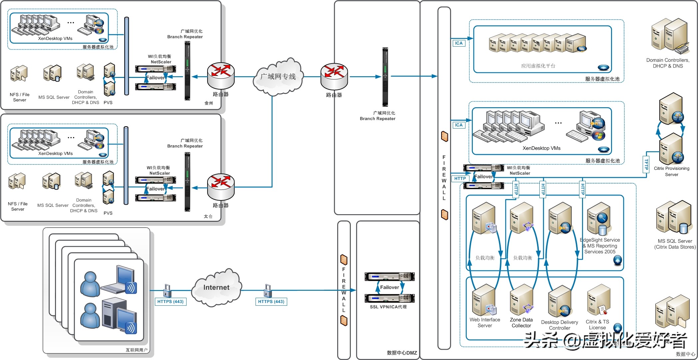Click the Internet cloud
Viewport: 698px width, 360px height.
point(217,287)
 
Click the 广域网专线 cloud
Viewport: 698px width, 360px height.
point(278,77)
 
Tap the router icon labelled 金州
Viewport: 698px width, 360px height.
point(221,75)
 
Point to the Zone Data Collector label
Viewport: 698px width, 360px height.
point(521,323)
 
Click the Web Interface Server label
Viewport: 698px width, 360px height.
point(485,323)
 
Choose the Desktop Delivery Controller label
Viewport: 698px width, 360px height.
point(559,325)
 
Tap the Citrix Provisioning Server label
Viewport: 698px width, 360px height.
point(671,172)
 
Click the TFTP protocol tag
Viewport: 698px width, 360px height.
point(646,165)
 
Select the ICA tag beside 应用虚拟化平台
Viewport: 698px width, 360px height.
point(459,43)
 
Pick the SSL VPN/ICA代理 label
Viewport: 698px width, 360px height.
point(388,307)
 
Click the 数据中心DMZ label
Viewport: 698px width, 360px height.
point(402,353)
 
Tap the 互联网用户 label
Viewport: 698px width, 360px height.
point(136,350)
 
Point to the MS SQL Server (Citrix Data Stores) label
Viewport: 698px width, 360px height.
point(675,244)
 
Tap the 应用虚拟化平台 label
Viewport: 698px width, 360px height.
point(538,66)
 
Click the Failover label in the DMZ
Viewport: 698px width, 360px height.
point(389,287)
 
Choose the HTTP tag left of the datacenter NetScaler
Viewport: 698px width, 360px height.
point(460,179)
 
